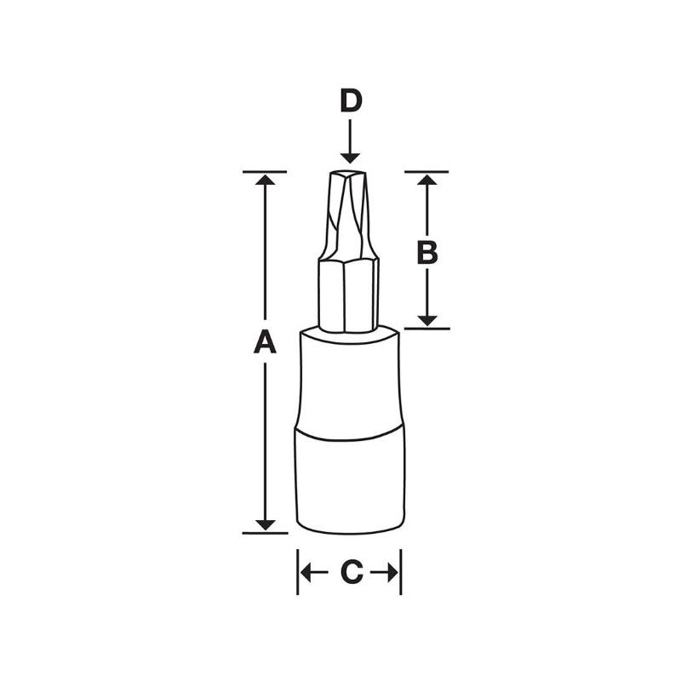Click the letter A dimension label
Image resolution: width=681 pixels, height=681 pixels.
266,342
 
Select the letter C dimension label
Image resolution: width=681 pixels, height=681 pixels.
351,573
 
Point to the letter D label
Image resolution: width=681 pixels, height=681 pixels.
350,101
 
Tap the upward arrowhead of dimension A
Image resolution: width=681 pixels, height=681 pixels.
266,181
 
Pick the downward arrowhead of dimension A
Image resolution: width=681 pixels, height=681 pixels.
266,524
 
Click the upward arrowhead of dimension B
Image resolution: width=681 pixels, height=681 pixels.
426,180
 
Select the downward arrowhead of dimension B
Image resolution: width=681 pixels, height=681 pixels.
426,319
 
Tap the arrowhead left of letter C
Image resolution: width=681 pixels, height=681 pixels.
307,573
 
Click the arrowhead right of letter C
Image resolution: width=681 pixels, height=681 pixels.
392,573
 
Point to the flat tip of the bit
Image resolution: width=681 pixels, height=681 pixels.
348,172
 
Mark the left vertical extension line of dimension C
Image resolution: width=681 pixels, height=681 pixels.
298,572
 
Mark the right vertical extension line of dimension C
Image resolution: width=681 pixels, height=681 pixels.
401,572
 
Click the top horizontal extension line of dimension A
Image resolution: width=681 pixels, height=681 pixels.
264,172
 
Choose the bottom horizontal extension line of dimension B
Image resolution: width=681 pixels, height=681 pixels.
426,328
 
